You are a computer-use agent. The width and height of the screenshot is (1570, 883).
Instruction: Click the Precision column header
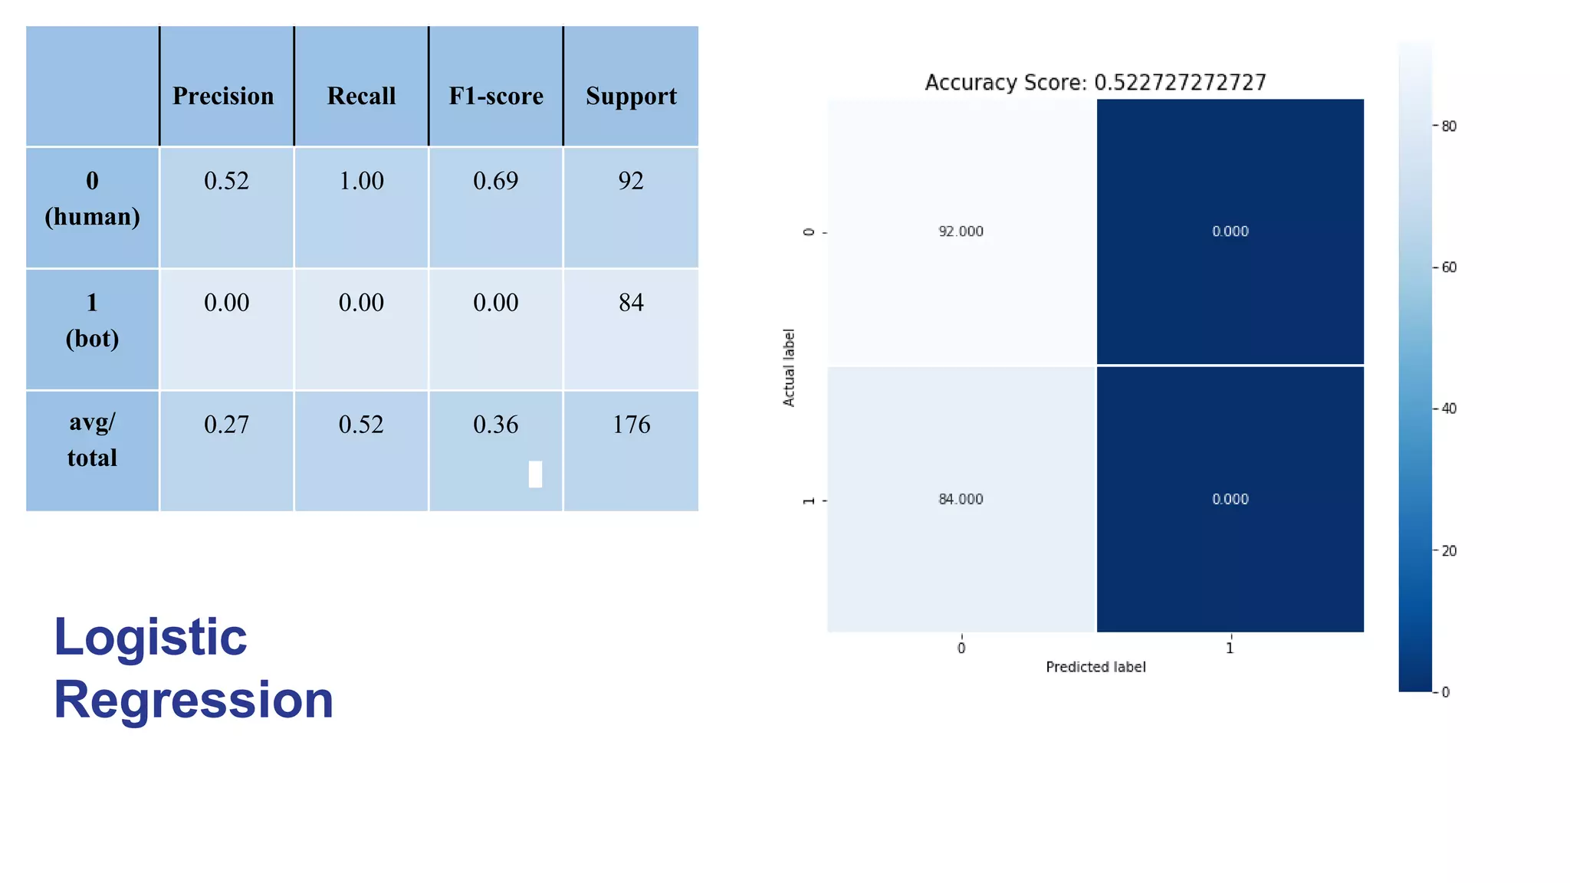(x=223, y=96)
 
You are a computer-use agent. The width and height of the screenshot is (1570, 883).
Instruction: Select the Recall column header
(x=361, y=96)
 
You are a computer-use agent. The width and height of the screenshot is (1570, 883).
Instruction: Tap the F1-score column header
(x=496, y=96)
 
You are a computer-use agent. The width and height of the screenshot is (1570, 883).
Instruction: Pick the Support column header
(x=631, y=96)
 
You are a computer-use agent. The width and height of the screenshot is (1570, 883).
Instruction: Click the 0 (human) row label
(x=92, y=199)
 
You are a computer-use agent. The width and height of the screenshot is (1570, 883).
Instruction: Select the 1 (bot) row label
(x=92, y=320)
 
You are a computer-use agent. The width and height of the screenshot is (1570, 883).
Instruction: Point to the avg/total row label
(x=92, y=440)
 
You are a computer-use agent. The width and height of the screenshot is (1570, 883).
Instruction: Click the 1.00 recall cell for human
(x=361, y=181)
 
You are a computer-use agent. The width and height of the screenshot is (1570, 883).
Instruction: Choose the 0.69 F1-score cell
(x=496, y=181)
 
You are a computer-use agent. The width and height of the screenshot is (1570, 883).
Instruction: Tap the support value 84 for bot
(x=631, y=303)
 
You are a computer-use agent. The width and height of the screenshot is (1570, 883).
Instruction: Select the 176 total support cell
(x=631, y=425)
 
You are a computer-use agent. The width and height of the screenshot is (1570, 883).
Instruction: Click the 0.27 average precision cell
(x=226, y=425)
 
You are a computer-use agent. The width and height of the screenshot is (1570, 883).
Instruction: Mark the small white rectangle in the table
(x=535, y=474)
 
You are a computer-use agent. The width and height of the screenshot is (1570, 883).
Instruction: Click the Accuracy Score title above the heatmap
(x=1095, y=82)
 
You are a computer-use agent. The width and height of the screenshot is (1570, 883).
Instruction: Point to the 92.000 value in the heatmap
(x=961, y=231)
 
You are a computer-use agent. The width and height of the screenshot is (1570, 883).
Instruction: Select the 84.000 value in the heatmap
(x=961, y=499)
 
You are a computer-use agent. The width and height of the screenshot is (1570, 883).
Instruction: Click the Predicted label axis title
(x=1095, y=667)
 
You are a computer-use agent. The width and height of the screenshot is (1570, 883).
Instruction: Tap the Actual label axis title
(x=788, y=368)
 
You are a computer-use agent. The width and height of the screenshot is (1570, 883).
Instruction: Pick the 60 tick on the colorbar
(x=1448, y=268)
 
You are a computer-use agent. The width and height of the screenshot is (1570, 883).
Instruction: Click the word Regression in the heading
(x=193, y=700)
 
